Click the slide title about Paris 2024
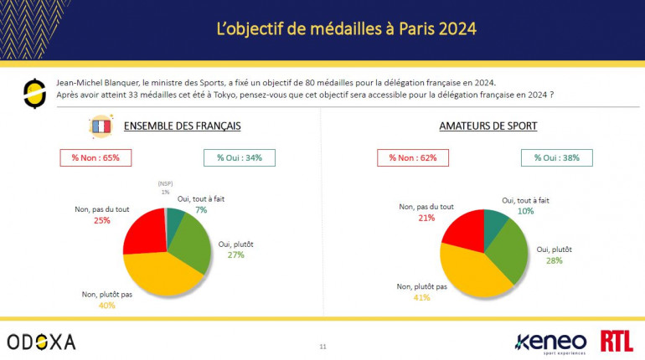click(x=346, y=29)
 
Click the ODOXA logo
click(x=41, y=342)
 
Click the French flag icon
click(x=101, y=126)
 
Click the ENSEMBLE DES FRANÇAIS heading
click(x=182, y=126)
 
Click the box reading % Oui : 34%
click(x=239, y=157)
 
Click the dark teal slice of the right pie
click(x=493, y=221)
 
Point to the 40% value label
click(x=106, y=305)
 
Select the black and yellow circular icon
click(x=34, y=93)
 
